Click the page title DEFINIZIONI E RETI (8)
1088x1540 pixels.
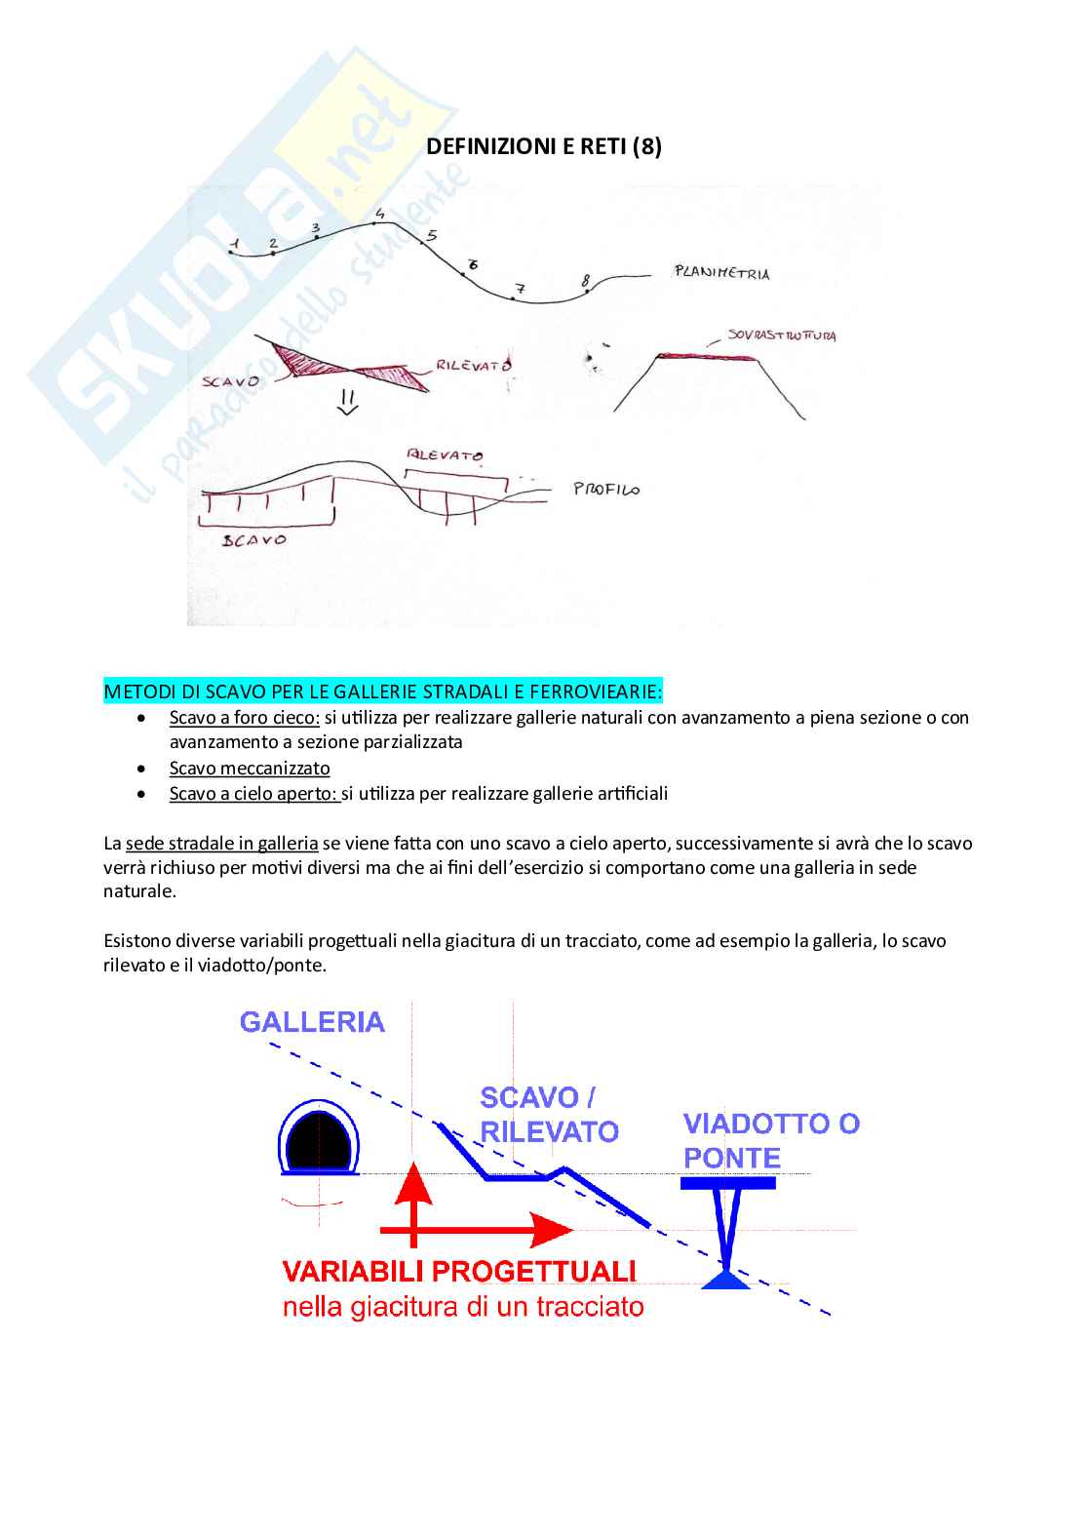(544, 146)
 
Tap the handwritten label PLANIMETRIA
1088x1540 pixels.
(721, 273)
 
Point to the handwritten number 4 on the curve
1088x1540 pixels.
(379, 215)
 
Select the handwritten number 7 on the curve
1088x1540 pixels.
(520, 289)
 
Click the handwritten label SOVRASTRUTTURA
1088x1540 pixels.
(782, 336)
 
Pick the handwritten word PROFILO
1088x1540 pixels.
(606, 489)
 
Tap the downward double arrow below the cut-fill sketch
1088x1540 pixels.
(348, 403)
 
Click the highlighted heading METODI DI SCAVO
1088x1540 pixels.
(383, 691)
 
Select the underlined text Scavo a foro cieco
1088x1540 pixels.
(244, 718)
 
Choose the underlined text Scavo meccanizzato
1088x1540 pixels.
(250, 769)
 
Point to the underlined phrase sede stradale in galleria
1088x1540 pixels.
(221, 844)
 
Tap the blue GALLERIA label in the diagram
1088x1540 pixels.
(312, 1022)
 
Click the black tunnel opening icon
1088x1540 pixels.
(319, 1139)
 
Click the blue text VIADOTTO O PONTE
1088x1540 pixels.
(770, 1141)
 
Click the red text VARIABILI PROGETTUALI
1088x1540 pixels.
(459, 1272)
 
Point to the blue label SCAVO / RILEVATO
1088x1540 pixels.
(549, 1115)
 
